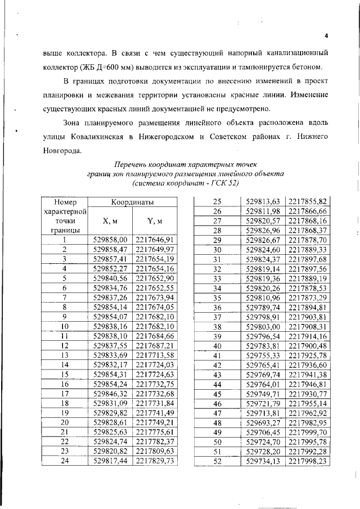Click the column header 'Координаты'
coord(132,202)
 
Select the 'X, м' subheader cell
coord(110,220)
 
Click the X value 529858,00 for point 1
coord(111,239)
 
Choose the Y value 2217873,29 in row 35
coord(307,297)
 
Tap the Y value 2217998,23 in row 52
coord(307,461)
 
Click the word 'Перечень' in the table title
coord(133,165)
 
